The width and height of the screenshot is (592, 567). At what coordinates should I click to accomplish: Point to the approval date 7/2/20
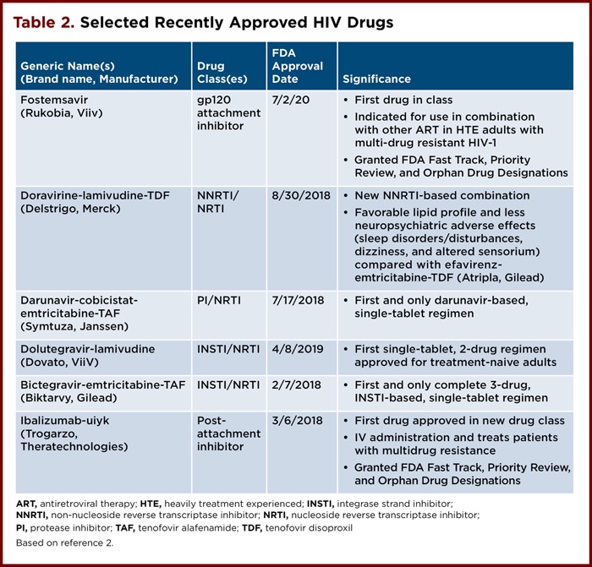[288, 99]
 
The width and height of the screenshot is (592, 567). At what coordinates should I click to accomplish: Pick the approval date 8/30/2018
[297, 196]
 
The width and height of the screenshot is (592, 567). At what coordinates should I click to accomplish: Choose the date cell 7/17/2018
[297, 300]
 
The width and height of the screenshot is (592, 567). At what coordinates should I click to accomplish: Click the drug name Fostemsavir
[53, 99]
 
